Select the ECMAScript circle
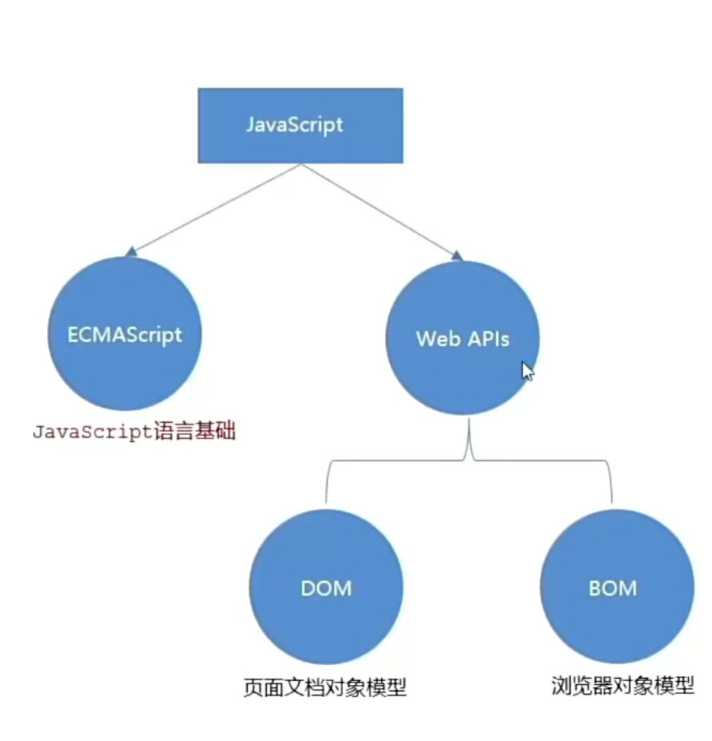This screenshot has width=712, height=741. [125, 368]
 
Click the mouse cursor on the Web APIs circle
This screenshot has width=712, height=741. [527, 372]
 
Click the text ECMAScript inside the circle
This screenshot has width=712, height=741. [125, 334]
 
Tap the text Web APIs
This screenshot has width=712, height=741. [462, 338]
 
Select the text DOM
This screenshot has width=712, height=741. [326, 588]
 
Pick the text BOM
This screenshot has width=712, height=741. [613, 588]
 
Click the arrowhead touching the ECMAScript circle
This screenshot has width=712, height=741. [131, 252]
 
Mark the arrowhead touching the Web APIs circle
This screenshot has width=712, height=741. [457, 255]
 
